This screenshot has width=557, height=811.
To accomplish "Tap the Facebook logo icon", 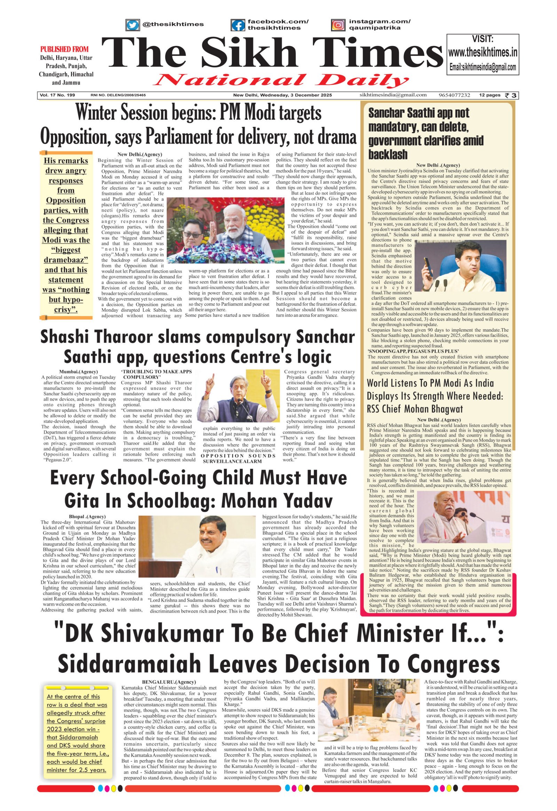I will [238, 25].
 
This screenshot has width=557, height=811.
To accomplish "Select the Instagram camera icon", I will [337, 25].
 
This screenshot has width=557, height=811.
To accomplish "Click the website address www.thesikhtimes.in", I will [482, 52].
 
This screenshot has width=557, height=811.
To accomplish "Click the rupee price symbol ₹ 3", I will [511, 95].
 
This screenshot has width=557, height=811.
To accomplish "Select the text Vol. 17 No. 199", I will [57, 95].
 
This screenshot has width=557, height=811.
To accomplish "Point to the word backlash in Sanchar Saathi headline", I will [388, 155].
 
